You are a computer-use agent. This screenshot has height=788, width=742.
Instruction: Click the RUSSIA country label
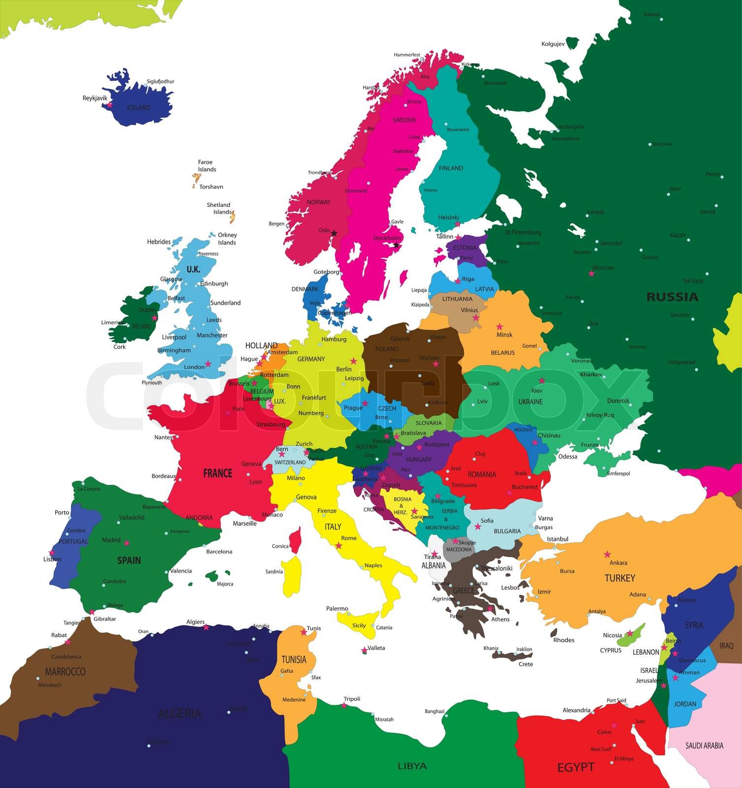[672, 297]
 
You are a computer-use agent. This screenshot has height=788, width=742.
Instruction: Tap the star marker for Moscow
[591, 273]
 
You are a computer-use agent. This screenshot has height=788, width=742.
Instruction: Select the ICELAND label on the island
[138, 108]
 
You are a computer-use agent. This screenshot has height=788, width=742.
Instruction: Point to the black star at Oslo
[334, 233]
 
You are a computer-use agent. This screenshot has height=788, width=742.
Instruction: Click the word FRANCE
[217, 473]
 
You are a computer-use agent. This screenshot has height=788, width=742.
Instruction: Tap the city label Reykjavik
[95, 98]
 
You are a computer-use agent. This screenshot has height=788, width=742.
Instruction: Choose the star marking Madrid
[127, 543]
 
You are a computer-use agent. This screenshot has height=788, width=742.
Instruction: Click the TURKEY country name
[619, 578]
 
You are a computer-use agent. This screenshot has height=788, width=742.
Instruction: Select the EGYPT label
[575, 767]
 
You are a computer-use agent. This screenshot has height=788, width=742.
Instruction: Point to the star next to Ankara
[607, 555]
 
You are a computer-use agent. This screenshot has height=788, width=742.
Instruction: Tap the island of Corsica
[296, 540]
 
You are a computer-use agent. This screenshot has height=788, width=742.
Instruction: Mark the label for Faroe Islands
[205, 165]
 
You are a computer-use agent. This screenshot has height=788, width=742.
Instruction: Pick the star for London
[208, 364]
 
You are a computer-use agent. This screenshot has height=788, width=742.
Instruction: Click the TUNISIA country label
[294, 659]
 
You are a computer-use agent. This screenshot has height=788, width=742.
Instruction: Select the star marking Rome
[338, 546]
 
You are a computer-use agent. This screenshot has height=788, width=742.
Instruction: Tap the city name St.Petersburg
[523, 232]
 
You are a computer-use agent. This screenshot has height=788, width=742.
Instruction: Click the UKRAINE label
[530, 402]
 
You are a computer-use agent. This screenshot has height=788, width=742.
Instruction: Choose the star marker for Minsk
[500, 327]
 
